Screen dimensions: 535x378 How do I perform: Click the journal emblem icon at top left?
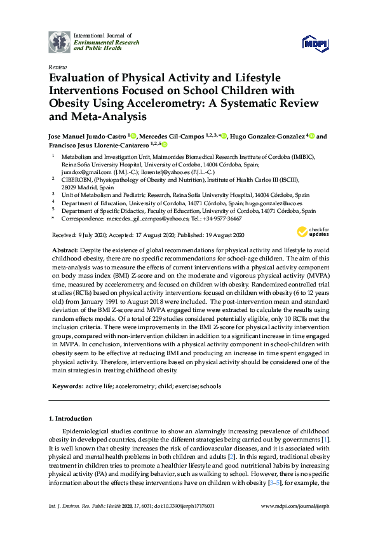click(59, 41)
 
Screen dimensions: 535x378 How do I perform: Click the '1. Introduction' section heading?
click(71, 419)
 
